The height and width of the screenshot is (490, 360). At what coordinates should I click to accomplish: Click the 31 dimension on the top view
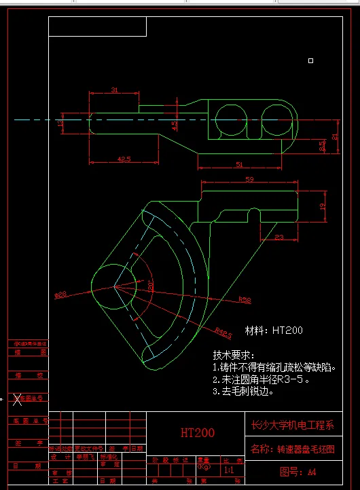point(113,90)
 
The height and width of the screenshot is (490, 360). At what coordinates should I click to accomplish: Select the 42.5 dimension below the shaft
point(124,159)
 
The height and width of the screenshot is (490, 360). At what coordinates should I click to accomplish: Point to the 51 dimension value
point(238,164)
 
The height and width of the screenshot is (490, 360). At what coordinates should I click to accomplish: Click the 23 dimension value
point(279,237)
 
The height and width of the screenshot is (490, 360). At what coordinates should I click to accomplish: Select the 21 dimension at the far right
point(334,136)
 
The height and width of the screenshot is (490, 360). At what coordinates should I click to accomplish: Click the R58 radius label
point(245,299)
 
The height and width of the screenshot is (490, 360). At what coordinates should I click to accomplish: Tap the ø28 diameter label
point(60,295)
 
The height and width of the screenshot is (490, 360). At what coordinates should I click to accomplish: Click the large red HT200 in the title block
point(197,432)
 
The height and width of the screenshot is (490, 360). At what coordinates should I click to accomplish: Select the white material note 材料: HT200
point(274,331)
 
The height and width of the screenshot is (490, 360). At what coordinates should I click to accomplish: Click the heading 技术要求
point(233,355)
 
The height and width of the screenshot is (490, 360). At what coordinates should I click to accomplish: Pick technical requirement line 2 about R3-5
point(261,379)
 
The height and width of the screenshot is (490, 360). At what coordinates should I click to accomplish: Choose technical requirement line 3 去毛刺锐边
point(243,391)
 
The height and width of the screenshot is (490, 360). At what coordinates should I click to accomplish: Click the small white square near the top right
point(310,60)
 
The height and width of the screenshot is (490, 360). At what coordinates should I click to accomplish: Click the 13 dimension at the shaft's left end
point(61,124)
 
